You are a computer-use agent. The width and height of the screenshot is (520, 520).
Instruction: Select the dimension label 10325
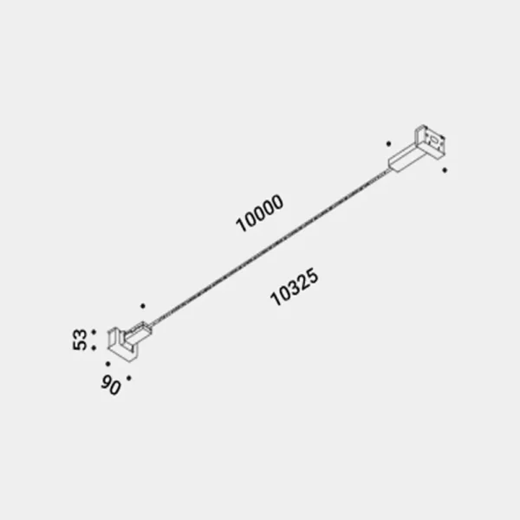point(296,288)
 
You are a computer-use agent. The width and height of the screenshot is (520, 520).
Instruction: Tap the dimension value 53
point(81,340)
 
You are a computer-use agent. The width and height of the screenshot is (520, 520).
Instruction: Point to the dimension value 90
point(110,386)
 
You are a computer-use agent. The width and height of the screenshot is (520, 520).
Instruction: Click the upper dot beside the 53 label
point(93,332)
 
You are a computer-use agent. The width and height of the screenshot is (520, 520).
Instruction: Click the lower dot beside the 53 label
point(93,348)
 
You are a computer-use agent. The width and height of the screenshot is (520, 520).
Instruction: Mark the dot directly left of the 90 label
point(107,364)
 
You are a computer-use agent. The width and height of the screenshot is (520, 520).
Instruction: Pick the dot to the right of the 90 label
point(128,378)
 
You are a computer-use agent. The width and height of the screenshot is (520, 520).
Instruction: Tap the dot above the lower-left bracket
point(143,305)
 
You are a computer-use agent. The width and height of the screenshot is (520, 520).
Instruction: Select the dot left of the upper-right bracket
point(389,143)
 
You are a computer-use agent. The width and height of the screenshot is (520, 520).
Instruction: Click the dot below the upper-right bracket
point(445,171)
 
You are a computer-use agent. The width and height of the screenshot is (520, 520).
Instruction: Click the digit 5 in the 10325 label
point(316,276)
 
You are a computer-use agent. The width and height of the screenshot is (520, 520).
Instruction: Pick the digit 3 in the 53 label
point(81,334)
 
